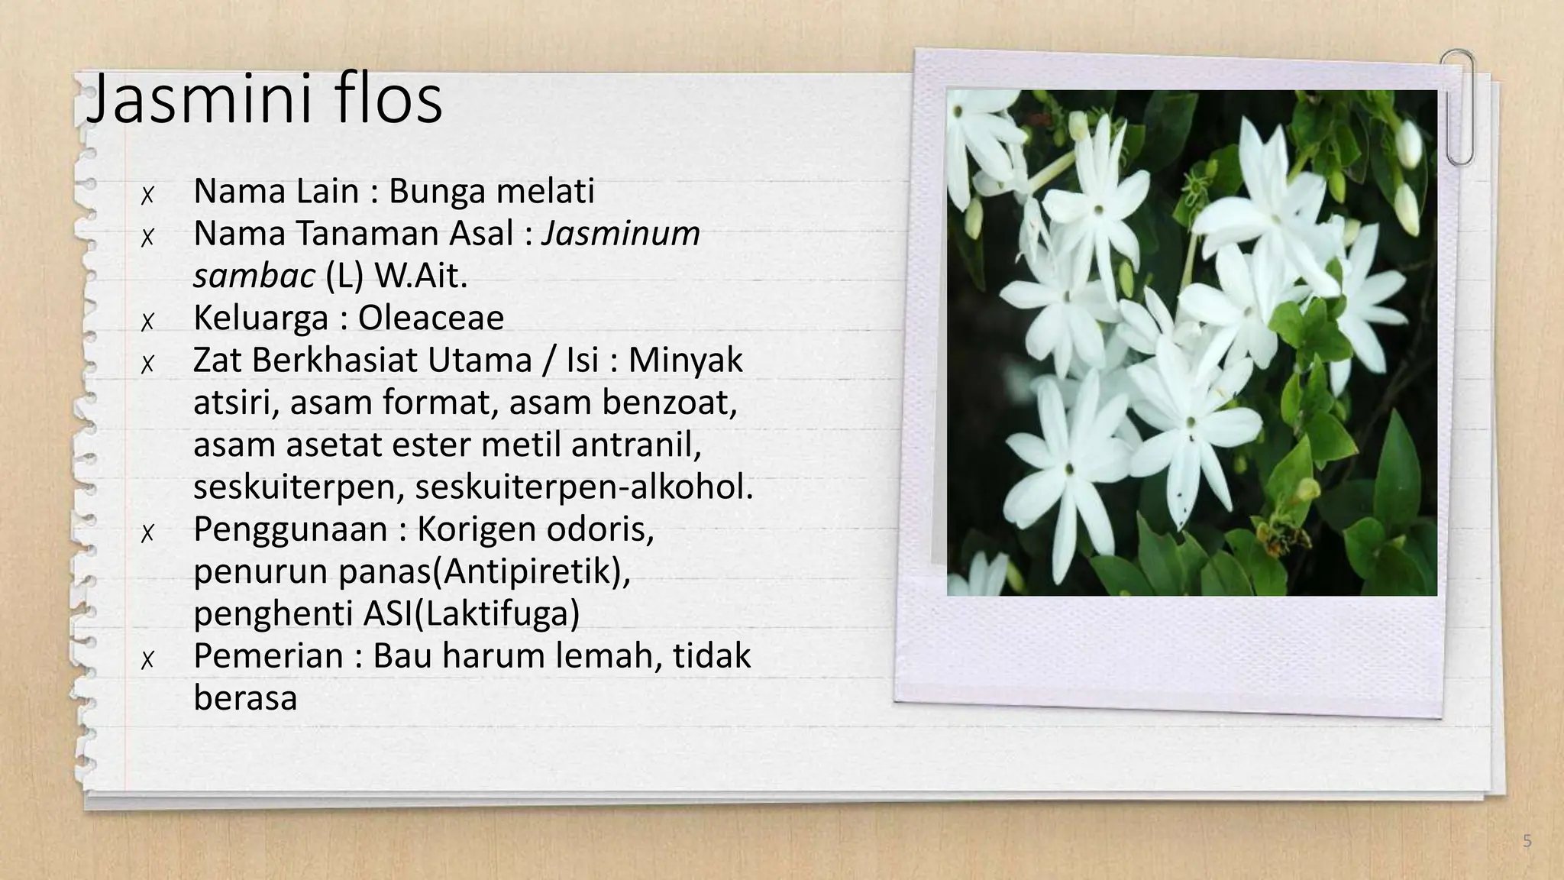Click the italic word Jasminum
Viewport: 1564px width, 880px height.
coord(621,234)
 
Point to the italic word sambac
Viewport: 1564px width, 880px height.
coord(254,276)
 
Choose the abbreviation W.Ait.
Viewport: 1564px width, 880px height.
coord(421,276)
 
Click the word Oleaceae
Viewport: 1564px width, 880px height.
coord(431,318)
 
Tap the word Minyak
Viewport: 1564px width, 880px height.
coord(685,361)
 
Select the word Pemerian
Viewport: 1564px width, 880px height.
coord(268,656)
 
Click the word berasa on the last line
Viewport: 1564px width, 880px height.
coord(245,698)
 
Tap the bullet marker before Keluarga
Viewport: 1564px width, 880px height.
coord(147,322)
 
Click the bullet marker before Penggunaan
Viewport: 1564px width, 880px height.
coord(147,533)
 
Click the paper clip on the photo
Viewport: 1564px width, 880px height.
coord(1459,107)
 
